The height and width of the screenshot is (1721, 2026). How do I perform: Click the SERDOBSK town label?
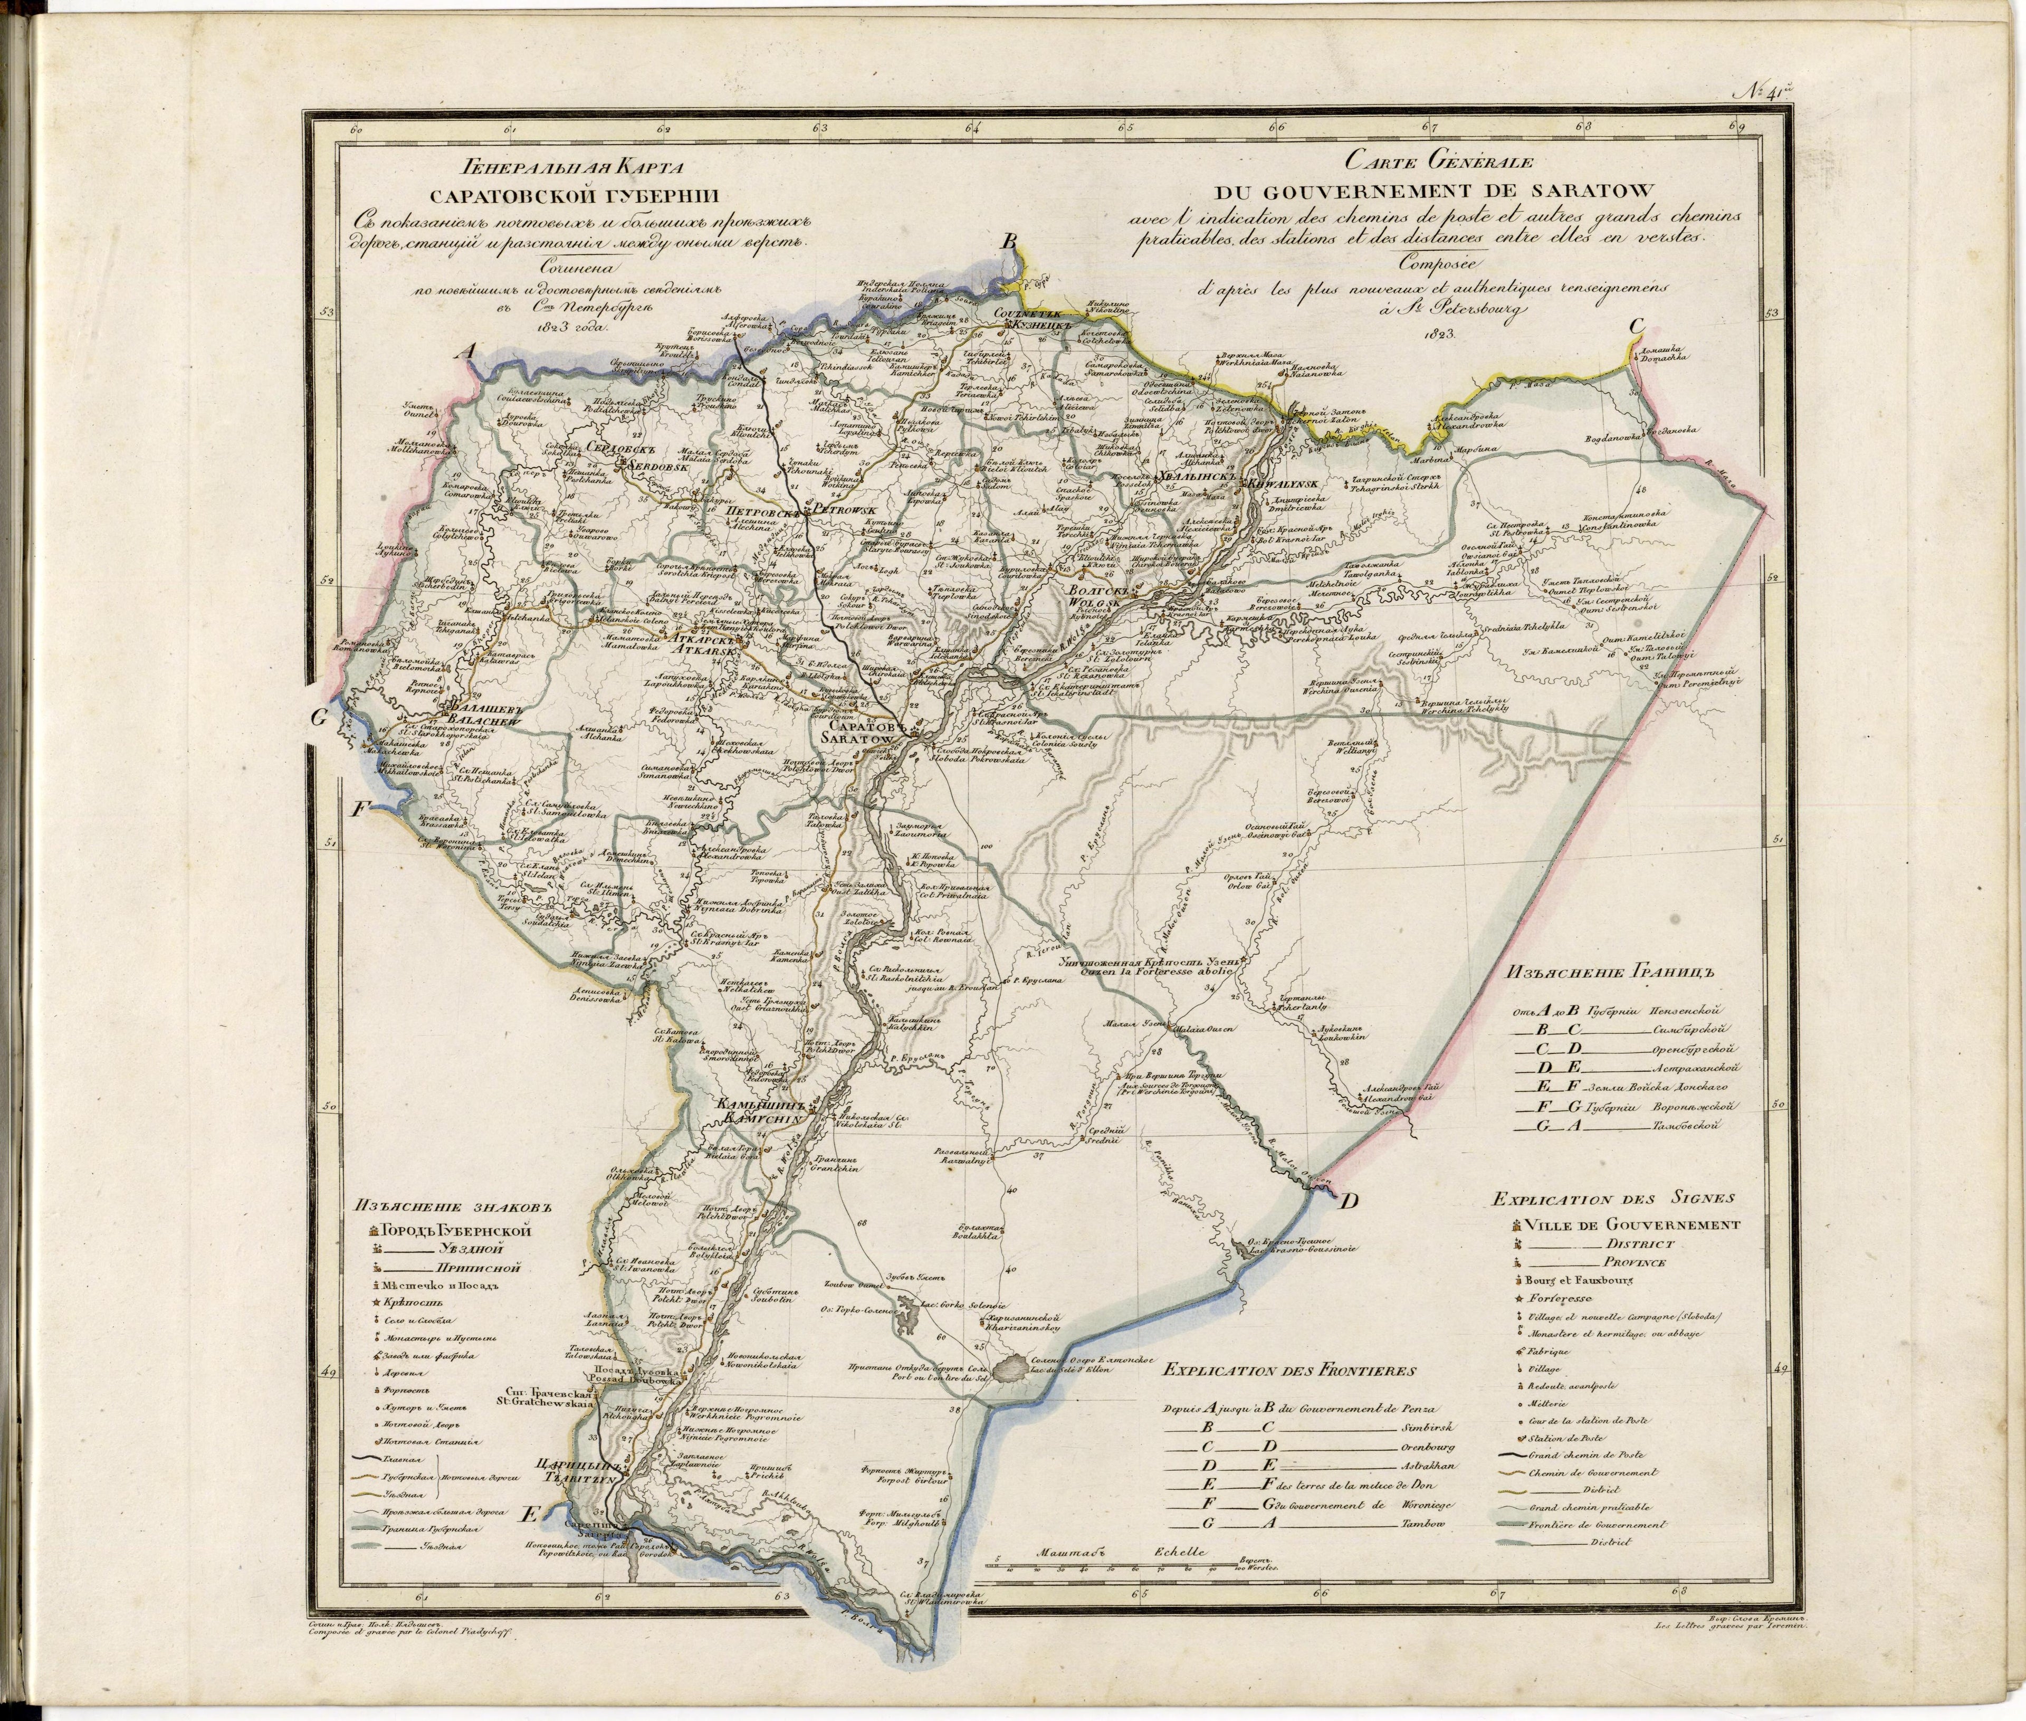click(626, 467)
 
